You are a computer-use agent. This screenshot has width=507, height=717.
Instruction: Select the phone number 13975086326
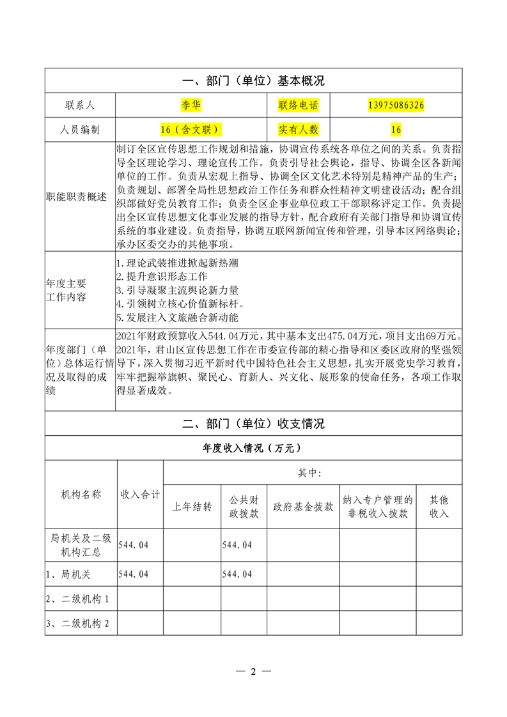coord(396,105)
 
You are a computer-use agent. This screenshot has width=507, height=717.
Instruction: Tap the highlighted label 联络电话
coord(298,105)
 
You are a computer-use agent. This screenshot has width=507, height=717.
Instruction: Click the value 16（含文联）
coord(191,130)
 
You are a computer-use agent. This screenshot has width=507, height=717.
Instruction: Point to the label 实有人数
coord(298,130)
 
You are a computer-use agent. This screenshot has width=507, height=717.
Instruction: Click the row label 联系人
coord(79,105)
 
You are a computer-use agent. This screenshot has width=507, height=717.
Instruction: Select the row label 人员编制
coord(79,130)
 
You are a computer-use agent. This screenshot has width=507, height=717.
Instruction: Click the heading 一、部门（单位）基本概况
coord(253,81)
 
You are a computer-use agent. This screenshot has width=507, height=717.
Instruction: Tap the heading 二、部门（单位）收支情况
coord(253,423)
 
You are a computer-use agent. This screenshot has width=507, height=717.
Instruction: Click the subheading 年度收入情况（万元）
coord(253,448)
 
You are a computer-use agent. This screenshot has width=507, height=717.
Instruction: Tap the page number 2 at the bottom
coord(253,672)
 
